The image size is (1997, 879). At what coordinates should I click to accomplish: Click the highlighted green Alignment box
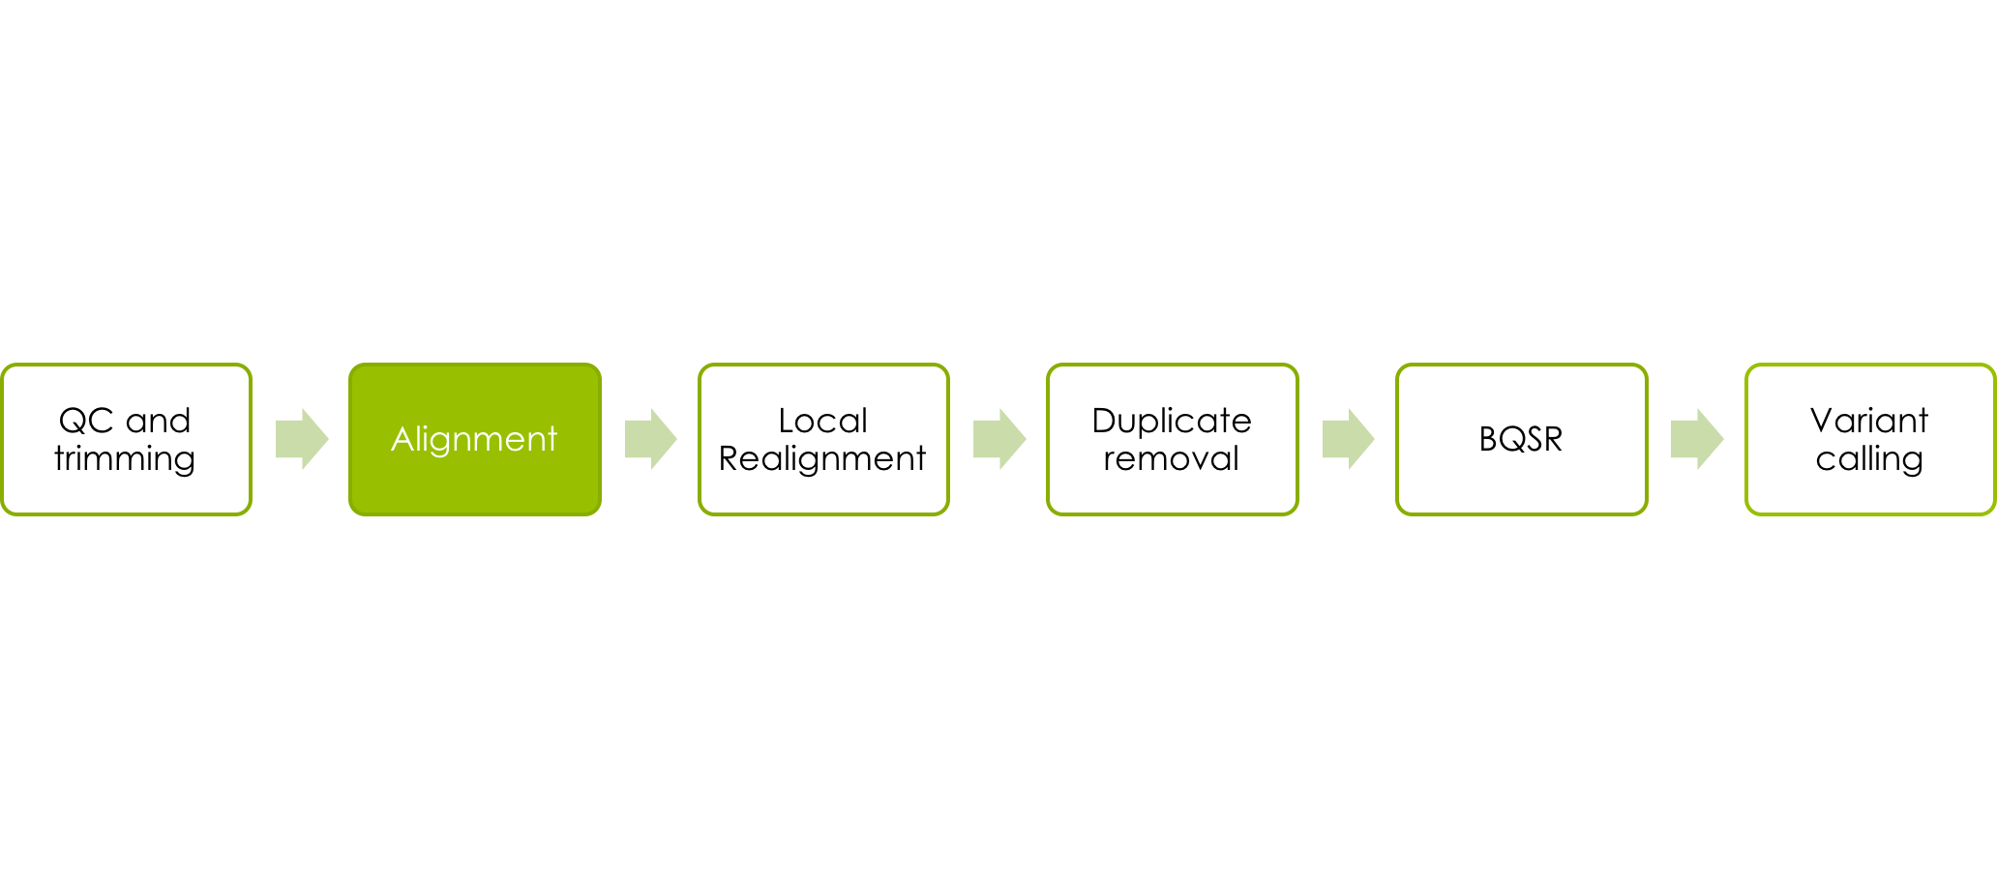click(475, 439)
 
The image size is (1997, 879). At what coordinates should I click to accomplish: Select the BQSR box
click(1522, 439)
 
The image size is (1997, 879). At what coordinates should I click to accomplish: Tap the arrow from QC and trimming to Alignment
click(302, 439)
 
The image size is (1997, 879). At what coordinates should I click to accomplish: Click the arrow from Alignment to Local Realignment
click(651, 439)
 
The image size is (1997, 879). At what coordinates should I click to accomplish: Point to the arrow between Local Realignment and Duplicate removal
click(999, 439)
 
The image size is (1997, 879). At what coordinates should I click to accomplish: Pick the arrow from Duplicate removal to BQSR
click(1349, 439)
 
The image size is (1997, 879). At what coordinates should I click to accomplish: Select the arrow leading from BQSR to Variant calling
click(1697, 439)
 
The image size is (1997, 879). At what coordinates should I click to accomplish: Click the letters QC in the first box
click(86, 421)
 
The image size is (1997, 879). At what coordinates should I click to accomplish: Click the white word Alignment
click(474, 440)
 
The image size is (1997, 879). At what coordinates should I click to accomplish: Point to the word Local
click(823, 421)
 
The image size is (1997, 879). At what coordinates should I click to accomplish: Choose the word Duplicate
click(1172, 421)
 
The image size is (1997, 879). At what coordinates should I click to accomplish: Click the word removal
click(1172, 458)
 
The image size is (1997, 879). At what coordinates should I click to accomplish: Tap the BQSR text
click(1521, 439)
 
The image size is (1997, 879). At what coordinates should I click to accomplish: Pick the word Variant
click(1869, 421)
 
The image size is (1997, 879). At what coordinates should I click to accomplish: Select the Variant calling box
click(1870, 439)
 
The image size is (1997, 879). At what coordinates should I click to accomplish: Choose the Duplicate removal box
click(1173, 439)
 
